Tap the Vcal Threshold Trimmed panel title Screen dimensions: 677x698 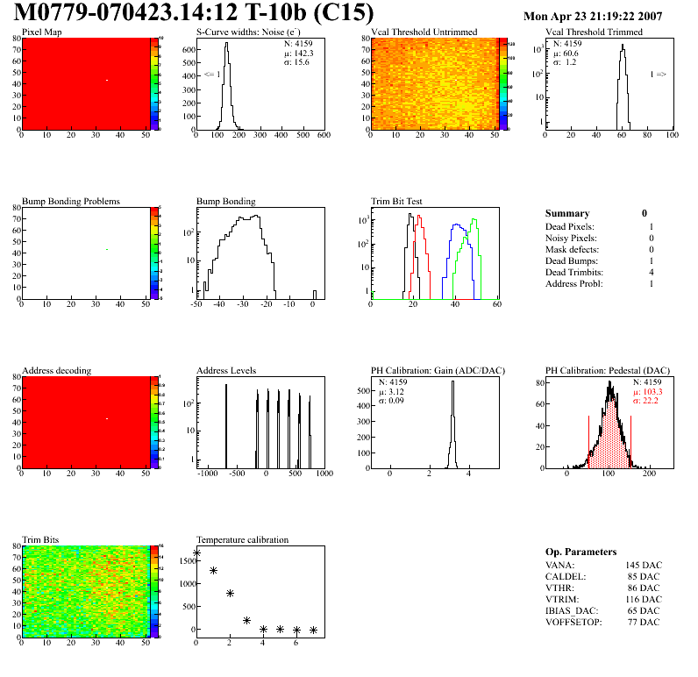(593, 32)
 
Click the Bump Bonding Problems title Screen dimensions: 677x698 (70, 202)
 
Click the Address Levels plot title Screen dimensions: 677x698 (226, 371)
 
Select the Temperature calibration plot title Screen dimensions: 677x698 (242, 540)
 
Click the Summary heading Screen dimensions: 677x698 (566, 214)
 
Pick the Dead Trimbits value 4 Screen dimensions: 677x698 (651, 273)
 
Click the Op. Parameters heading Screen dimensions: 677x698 (580, 552)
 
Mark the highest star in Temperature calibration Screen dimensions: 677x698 (196, 552)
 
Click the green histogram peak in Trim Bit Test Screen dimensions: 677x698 (474, 219)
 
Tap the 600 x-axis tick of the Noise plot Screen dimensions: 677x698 (323, 136)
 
